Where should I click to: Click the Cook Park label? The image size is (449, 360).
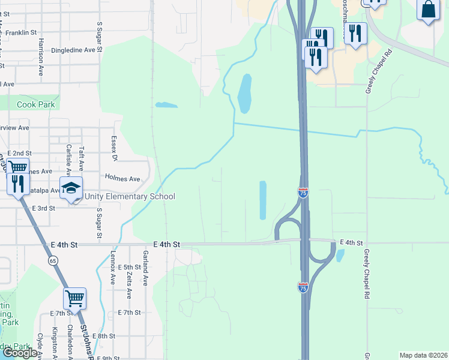pyautogui.click(x=36, y=104)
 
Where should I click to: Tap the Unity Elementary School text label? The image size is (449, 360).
pyautogui.click(x=130, y=197)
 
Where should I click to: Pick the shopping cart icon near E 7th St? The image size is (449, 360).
pyautogui.click(x=75, y=298)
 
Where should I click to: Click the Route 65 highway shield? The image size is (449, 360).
pyautogui.click(x=53, y=260)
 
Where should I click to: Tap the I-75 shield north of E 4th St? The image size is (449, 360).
pyautogui.click(x=303, y=193)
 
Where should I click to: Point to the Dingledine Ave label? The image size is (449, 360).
pyautogui.click(x=74, y=50)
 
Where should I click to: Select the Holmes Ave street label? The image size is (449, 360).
pyautogui.click(x=122, y=179)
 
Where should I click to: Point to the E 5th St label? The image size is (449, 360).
pyautogui.click(x=129, y=267)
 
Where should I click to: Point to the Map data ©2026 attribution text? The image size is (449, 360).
pyautogui.click(x=423, y=355)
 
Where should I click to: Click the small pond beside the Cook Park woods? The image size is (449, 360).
pyautogui.click(x=166, y=105)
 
